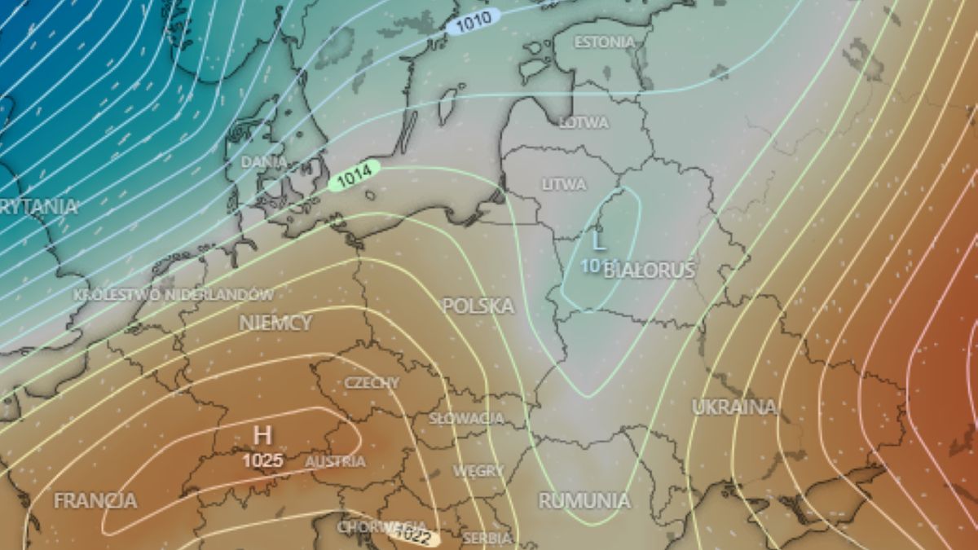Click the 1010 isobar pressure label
tap(473, 22)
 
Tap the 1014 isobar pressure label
tap(355, 175)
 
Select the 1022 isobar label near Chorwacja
tap(413, 535)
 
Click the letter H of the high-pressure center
tap(262, 435)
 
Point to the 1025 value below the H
tap(262, 461)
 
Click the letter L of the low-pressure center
tap(598, 241)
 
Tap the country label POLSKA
tap(478, 306)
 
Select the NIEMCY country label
tap(275, 323)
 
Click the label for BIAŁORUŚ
tap(650, 271)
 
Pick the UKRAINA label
tap(733, 407)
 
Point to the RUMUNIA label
tap(584, 500)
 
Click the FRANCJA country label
tap(95, 500)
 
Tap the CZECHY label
tap(372, 383)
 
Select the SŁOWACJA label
tap(466, 418)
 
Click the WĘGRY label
tap(478, 472)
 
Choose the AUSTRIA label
tap(335, 462)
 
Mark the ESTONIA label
tap(604, 42)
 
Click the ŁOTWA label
tap(584, 123)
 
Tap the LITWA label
tap(564, 185)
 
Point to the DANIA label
tap(263, 162)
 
